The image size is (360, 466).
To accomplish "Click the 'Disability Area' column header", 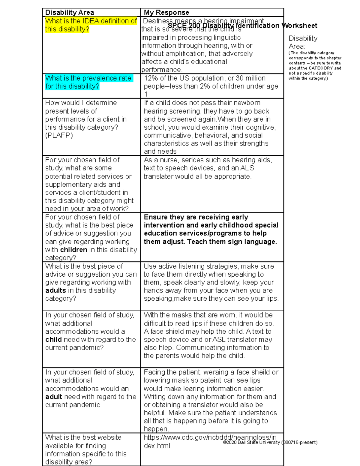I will coord(69,13).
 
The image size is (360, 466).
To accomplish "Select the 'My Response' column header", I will coord(166,13).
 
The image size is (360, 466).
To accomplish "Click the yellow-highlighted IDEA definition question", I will coord(91,25).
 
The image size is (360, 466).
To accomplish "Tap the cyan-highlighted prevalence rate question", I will coord(88,82).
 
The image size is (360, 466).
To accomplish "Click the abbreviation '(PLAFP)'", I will coord(59,136).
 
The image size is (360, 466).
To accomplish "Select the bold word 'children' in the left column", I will coord(73,250).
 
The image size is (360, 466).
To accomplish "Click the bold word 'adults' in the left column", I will coord(55,291).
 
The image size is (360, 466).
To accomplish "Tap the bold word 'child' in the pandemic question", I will coord(53,340).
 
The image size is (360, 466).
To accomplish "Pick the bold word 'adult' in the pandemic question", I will coord(54,397).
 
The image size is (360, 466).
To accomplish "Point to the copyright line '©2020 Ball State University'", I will coord(251,443).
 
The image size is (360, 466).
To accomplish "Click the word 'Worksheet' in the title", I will coord(299,26).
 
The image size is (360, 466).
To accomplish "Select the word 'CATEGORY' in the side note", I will coord(321,68).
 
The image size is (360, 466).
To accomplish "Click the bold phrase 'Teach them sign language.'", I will coord(232,242).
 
